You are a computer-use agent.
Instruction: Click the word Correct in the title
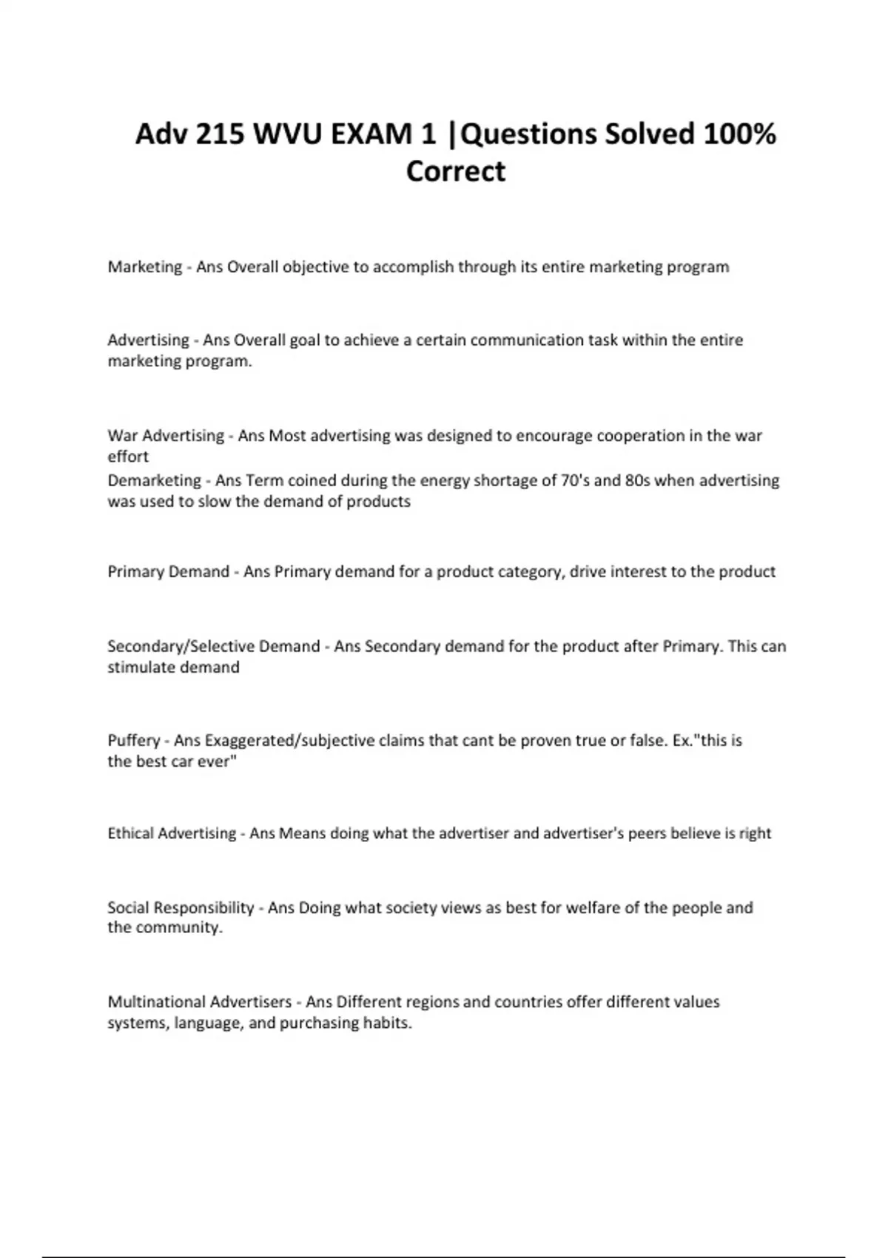point(455,171)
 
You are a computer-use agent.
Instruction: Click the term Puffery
point(134,741)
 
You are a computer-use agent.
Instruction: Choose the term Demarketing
point(154,480)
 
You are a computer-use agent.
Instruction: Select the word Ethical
point(131,833)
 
